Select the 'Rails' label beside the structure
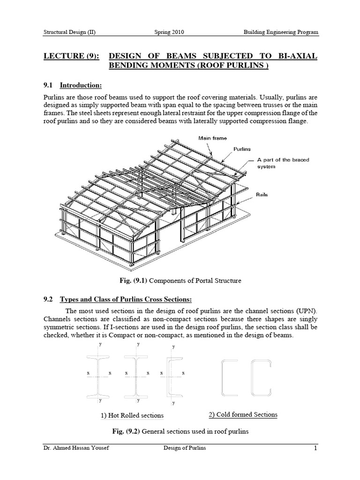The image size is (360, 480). point(262,195)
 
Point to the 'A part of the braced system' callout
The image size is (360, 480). point(282,163)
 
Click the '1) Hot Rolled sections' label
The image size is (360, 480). point(132,415)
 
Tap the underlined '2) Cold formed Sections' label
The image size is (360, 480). point(243,414)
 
